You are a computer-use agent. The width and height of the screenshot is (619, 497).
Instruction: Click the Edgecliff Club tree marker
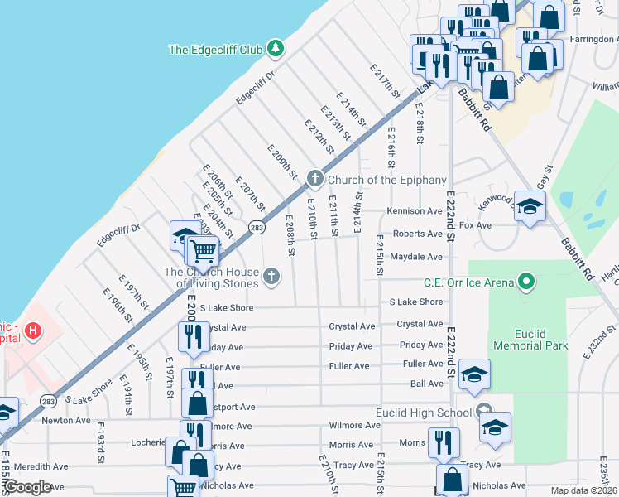pyautogui.click(x=276, y=50)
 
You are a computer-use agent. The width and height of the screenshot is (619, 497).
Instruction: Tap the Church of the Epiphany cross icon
pyautogui.click(x=314, y=179)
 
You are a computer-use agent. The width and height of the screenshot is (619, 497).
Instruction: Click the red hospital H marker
pyautogui.click(x=32, y=332)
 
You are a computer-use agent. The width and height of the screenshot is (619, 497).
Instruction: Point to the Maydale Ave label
pyautogui.click(x=416, y=257)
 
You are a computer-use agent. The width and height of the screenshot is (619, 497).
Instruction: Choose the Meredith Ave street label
pyautogui.click(x=41, y=466)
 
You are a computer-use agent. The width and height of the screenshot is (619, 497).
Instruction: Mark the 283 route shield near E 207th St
pyautogui.click(x=257, y=226)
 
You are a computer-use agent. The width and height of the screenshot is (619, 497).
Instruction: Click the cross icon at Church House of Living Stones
pyautogui.click(x=271, y=276)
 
